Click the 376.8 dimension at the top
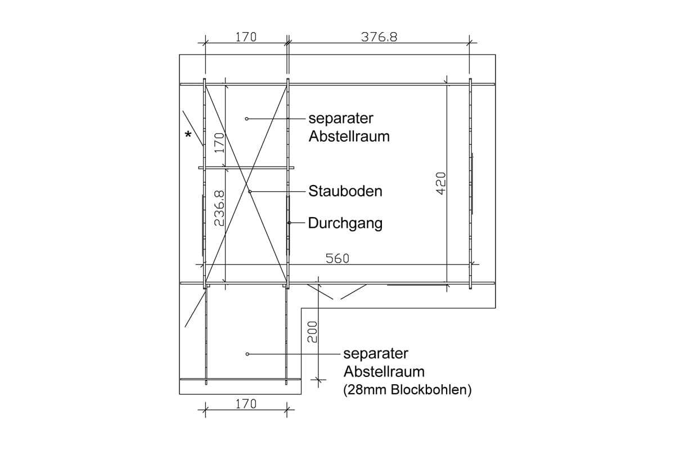[x=379, y=37]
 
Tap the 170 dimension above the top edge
[x=246, y=37]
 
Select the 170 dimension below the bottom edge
[x=246, y=404]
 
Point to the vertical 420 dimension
[x=440, y=183]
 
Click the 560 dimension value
[x=337, y=258]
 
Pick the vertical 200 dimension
[x=312, y=332]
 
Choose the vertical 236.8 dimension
[x=219, y=208]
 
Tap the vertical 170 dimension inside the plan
[x=219, y=142]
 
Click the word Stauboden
[x=345, y=191]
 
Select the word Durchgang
[x=345, y=224]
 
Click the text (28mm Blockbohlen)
[x=407, y=390]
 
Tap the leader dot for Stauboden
[x=250, y=191]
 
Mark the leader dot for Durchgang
[x=289, y=223]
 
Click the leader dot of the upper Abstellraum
[x=246, y=119]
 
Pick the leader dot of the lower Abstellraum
[x=247, y=354]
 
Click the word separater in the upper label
[x=341, y=119]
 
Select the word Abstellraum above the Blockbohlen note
[x=384, y=372]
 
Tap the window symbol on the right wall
[x=471, y=183]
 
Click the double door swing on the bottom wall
[x=337, y=291]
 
